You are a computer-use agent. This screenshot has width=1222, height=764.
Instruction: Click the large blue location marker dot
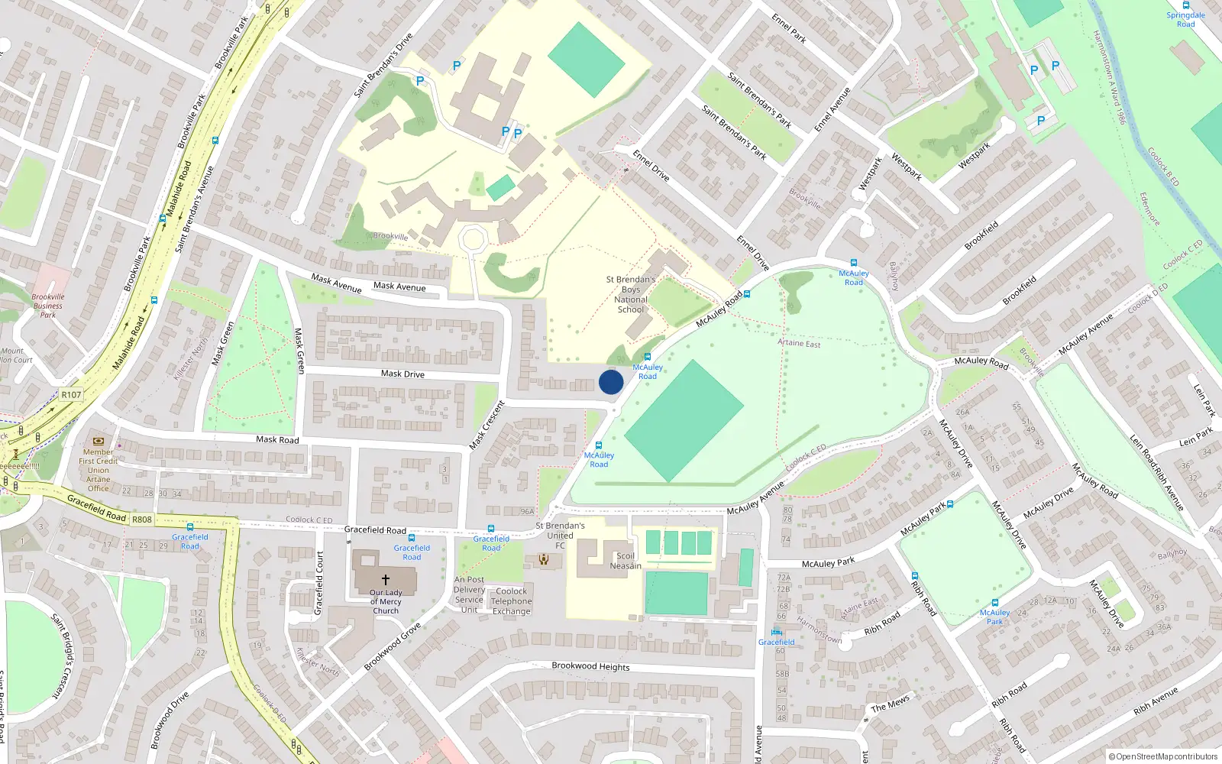[611, 382]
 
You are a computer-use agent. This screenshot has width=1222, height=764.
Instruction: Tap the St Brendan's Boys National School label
[630, 295]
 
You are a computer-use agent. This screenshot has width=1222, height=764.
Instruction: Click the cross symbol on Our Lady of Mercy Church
[386, 580]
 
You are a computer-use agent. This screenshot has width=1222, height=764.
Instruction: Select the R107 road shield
[71, 395]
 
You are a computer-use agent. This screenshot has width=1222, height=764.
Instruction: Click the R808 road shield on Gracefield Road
[142, 520]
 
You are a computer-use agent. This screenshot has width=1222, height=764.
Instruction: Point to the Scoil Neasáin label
[626, 561]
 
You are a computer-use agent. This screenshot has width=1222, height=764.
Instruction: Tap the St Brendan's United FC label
[560, 535]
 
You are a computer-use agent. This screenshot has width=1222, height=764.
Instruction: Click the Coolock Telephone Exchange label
[511, 601]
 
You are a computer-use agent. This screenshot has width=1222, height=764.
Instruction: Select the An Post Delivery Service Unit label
[469, 594]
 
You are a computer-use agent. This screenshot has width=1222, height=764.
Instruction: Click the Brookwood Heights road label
[590, 666]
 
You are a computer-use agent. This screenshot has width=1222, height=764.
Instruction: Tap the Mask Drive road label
[402, 374]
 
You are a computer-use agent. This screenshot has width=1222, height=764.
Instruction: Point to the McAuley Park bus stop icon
[994, 603]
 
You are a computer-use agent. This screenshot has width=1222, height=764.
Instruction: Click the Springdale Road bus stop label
[1185, 19]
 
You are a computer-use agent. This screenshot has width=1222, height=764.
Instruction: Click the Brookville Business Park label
[48, 306]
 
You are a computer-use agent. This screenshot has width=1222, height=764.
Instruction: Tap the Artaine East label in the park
[799, 343]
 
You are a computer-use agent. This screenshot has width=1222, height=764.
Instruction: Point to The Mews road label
[891, 703]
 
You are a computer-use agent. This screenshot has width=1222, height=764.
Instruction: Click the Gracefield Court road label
[319, 582]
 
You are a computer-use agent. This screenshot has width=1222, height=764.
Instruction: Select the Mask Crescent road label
[487, 425]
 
